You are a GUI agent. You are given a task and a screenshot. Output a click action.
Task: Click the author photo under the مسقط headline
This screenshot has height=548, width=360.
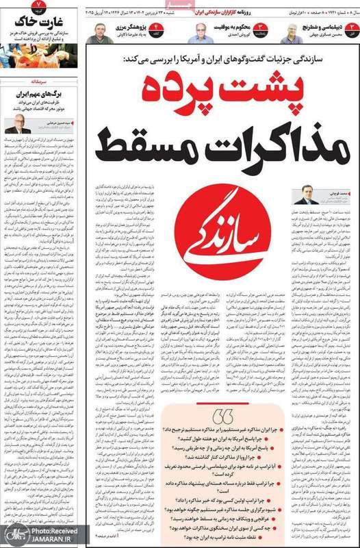pos(305,195)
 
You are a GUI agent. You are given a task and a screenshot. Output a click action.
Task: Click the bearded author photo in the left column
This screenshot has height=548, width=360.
pos(14,124)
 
